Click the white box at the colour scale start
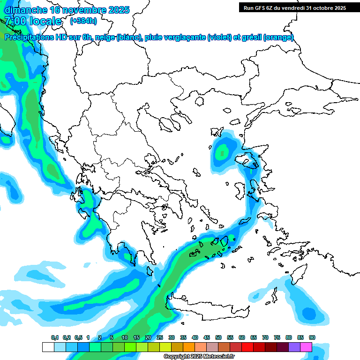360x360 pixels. pos(48,347)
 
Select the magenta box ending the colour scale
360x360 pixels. pos(306,347)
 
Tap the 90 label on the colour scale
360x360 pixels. pos(312,337)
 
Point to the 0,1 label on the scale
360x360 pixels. pos(55,337)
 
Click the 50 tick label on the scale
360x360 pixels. pos(218,337)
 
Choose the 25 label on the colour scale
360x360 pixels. pos(160,337)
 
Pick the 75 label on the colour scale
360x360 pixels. pos(277,337)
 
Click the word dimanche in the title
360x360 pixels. pos(26,10)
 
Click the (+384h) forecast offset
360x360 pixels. pos(83,21)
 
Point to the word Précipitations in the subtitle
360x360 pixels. pos(32,37)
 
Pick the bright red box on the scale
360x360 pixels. pos(247,347)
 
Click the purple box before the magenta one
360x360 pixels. pos(294,347)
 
